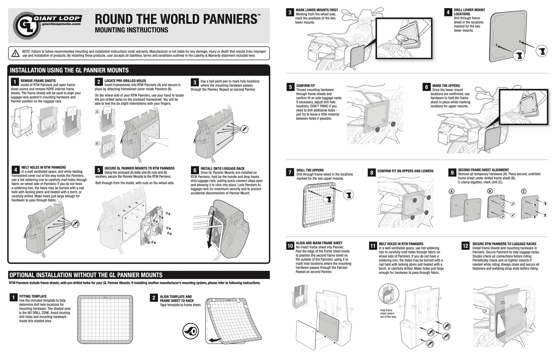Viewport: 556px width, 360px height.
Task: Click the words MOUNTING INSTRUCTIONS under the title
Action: point(131,30)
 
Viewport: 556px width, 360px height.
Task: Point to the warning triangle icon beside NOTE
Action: point(16,53)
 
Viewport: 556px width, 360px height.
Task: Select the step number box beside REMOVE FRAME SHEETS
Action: point(15,82)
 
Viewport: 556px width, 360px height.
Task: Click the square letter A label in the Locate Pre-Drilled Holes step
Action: point(97,112)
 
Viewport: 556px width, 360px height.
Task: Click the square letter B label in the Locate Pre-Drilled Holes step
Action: point(97,144)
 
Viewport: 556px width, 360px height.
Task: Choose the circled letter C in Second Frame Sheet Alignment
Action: point(523,191)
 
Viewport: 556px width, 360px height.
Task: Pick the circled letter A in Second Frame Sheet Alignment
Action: point(451,191)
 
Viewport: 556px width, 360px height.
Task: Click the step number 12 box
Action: point(466,246)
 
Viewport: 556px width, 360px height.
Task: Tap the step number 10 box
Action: point(290,246)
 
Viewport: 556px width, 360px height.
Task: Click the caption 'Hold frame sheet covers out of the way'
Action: point(386,313)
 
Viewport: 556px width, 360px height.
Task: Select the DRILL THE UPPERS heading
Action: point(310,170)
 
